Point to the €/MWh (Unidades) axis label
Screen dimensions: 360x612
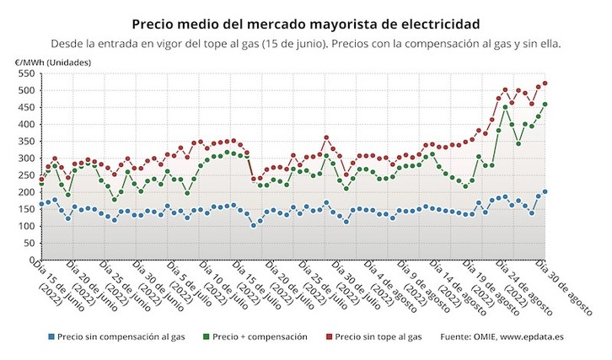tap(52, 62)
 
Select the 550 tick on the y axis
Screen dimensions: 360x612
tap(25, 74)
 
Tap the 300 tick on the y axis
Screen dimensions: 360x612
tap(25, 159)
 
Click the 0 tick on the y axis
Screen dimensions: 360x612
tap(31, 261)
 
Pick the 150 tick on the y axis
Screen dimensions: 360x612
tap(25, 209)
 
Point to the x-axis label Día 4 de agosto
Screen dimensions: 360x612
tap(395, 287)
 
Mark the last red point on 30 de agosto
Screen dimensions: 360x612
tap(545, 83)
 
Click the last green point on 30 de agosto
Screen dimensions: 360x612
tap(545, 105)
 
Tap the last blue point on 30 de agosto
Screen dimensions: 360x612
tap(545, 191)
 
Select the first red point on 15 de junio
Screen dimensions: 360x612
tap(41, 179)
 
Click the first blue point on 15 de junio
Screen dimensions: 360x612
tap(41, 204)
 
